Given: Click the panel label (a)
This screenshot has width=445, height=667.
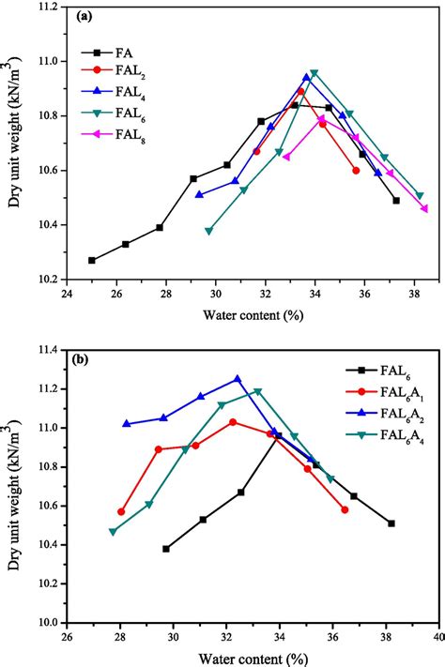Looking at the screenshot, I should [x=84, y=17].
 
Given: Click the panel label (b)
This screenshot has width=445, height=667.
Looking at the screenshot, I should [x=84, y=359].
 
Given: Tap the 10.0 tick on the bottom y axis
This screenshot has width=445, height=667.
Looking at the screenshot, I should [x=50, y=622].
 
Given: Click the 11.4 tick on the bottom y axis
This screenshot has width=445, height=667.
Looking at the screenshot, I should [x=50, y=350].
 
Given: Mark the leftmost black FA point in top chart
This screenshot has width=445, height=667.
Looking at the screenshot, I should [x=92, y=260].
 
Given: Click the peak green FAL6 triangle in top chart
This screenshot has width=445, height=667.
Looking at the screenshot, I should [x=315, y=73].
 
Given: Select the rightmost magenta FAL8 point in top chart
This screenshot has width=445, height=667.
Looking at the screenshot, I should [x=425, y=208].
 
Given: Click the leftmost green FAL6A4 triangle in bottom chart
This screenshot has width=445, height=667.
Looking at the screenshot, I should [x=114, y=531].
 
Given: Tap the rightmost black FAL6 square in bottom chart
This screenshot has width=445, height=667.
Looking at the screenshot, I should [x=391, y=523].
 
